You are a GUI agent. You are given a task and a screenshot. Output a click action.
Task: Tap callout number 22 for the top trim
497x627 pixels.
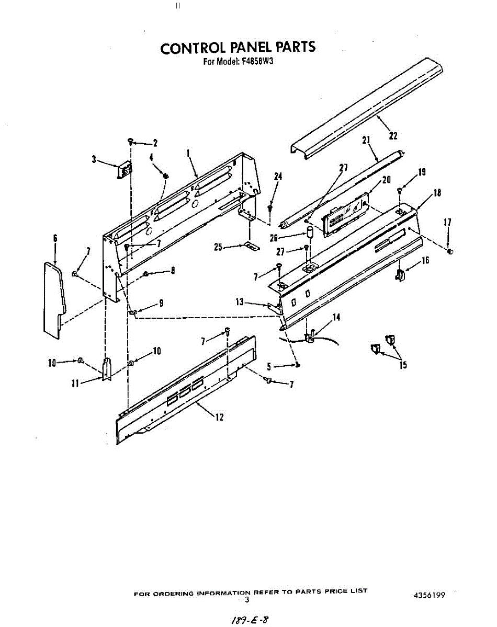[x=393, y=136]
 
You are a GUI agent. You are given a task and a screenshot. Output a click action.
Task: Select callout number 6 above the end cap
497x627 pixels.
[x=55, y=239]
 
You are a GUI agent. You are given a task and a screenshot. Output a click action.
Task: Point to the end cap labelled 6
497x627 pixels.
[x=53, y=298]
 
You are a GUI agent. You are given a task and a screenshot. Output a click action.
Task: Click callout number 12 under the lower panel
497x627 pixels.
[x=219, y=417]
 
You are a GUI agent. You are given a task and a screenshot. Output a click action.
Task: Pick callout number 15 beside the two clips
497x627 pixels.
[x=403, y=365]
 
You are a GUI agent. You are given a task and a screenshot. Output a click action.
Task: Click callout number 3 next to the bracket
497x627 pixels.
[x=94, y=160]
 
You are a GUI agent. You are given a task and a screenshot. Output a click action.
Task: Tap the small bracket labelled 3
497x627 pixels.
[x=125, y=169]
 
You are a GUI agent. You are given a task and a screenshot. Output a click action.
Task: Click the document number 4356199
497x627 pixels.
[x=429, y=595]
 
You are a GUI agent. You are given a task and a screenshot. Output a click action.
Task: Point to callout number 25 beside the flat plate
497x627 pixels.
[x=219, y=247]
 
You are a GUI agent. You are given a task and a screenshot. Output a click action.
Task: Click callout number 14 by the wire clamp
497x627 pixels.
[x=336, y=317]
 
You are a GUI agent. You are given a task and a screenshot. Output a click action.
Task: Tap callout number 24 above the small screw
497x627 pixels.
[x=278, y=177]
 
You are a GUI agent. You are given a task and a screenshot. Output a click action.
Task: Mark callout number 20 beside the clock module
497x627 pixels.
[x=386, y=180]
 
